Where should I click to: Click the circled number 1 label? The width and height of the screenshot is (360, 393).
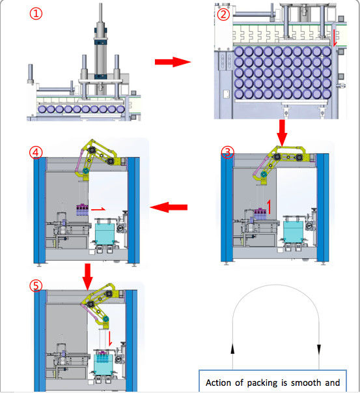pyautogui.click(x=36, y=14)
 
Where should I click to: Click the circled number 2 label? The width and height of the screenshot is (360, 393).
pyautogui.click(x=223, y=14)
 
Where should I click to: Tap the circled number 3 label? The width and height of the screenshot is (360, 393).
pyautogui.click(x=227, y=152)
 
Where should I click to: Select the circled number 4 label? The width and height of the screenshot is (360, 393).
pyautogui.click(x=36, y=153)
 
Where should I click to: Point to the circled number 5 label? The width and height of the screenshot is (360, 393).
pyautogui.click(x=36, y=285)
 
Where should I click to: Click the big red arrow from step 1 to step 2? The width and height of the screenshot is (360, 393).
pyautogui.click(x=173, y=62)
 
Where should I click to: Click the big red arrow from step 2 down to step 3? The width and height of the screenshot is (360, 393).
pyautogui.click(x=282, y=133)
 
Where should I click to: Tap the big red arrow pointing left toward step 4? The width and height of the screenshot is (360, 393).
pyautogui.click(x=169, y=207)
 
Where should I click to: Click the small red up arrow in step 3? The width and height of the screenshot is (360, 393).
pyautogui.click(x=269, y=207)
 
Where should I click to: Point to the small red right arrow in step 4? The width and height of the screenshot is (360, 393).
pyautogui.click(x=98, y=209)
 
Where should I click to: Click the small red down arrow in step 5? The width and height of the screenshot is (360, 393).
pyautogui.click(x=109, y=338)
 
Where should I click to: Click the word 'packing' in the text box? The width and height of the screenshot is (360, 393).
pyautogui.click(x=262, y=383)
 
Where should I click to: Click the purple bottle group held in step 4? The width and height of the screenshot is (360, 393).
pyautogui.click(x=82, y=210)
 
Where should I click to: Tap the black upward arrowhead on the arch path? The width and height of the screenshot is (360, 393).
pyautogui.click(x=232, y=349)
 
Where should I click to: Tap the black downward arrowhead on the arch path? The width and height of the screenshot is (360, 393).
pyautogui.click(x=319, y=349)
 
